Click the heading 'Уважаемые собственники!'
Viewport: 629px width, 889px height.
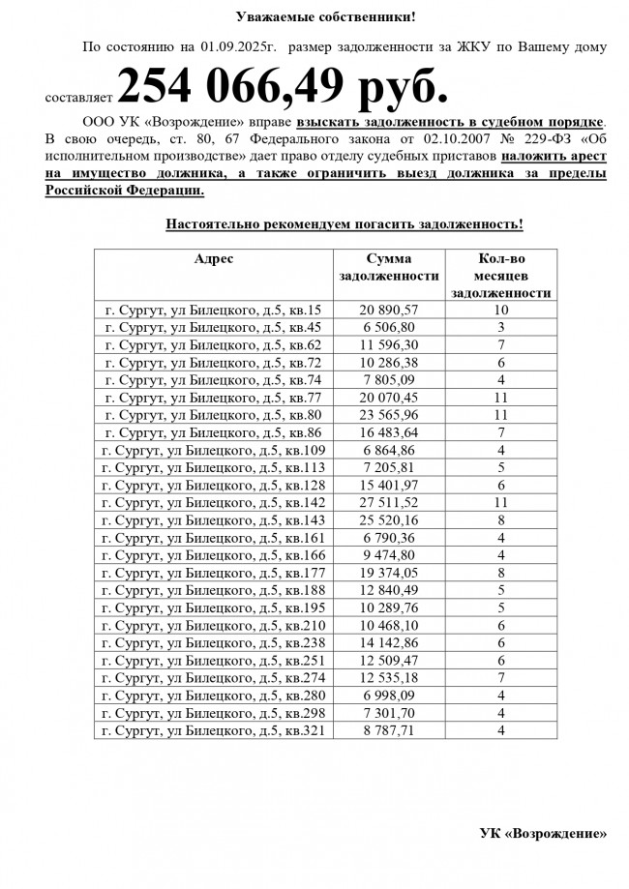[x=314, y=15]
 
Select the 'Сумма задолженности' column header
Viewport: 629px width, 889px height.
[x=389, y=267]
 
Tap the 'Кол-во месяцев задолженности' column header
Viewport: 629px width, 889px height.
[x=501, y=276]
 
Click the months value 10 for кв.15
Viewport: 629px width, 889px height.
[x=501, y=310]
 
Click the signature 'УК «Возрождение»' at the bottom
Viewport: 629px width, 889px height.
[x=545, y=832]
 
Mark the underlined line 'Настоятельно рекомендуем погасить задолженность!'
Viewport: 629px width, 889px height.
[x=344, y=223]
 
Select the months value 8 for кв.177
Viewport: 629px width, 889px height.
[x=501, y=571]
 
